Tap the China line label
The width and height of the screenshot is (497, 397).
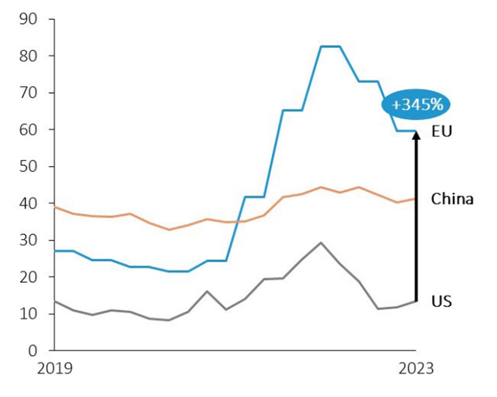point(452,199)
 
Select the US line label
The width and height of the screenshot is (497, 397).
point(441,301)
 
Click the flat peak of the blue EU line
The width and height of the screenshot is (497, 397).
point(330,47)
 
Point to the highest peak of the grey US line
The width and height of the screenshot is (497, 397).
point(321,243)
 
